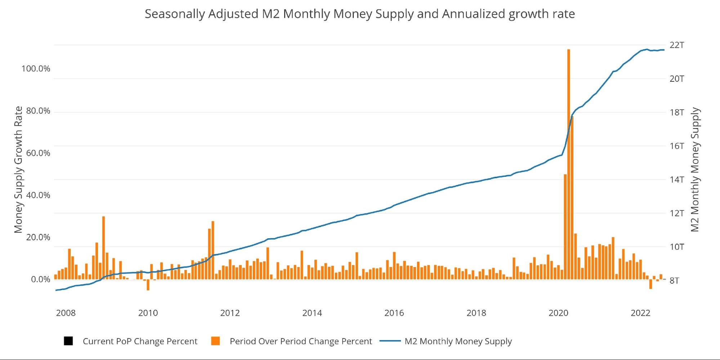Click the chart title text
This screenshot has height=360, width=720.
(359, 14)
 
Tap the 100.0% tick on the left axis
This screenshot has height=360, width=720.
(36, 69)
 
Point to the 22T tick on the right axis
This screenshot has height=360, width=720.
(676, 45)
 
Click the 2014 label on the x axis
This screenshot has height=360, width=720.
(312, 313)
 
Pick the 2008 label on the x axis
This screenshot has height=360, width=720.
(66, 313)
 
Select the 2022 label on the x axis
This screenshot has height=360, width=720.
(640, 313)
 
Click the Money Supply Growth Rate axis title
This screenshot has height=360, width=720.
(18, 170)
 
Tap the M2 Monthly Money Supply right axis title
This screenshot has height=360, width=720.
(695, 170)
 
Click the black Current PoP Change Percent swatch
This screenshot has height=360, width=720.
(68, 341)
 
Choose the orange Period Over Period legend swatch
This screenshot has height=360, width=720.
(215, 341)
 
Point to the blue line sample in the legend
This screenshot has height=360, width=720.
(390, 341)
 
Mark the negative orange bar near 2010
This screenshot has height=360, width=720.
(148, 285)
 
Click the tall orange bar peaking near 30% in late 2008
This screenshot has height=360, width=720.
(103, 248)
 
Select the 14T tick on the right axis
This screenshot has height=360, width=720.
(676, 180)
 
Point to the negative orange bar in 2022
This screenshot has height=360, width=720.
(650, 284)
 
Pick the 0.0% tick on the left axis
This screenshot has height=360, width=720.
(40, 279)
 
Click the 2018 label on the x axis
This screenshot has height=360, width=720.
(476, 313)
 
